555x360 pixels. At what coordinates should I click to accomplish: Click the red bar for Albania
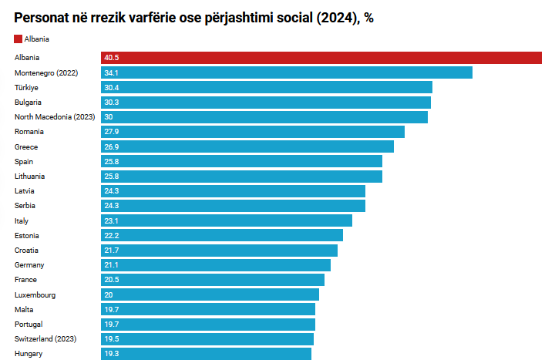(321, 58)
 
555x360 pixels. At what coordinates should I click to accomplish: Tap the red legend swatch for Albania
(18, 39)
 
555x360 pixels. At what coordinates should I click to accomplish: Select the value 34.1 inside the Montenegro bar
(111, 72)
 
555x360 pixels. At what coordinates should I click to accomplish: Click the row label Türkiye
(26, 87)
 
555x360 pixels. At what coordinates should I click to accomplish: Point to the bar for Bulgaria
(266, 103)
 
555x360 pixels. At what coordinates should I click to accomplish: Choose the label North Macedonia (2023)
(54, 117)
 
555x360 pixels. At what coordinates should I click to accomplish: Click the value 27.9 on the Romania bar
(111, 132)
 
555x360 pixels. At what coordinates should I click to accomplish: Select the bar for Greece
(247, 146)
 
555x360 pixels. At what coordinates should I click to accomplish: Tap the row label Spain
(24, 162)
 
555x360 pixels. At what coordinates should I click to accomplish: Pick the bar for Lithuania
(241, 177)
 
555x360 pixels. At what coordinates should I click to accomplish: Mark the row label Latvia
(25, 191)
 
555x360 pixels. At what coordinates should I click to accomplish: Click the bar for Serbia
(233, 206)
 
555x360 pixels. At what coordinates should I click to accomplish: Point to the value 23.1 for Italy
(111, 220)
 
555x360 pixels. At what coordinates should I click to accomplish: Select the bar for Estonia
(222, 235)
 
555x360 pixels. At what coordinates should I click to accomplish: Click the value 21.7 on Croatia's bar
(111, 251)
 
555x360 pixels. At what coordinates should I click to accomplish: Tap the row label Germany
(29, 265)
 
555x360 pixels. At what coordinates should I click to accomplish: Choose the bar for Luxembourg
(210, 294)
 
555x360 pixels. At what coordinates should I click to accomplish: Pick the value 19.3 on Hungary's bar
(111, 354)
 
